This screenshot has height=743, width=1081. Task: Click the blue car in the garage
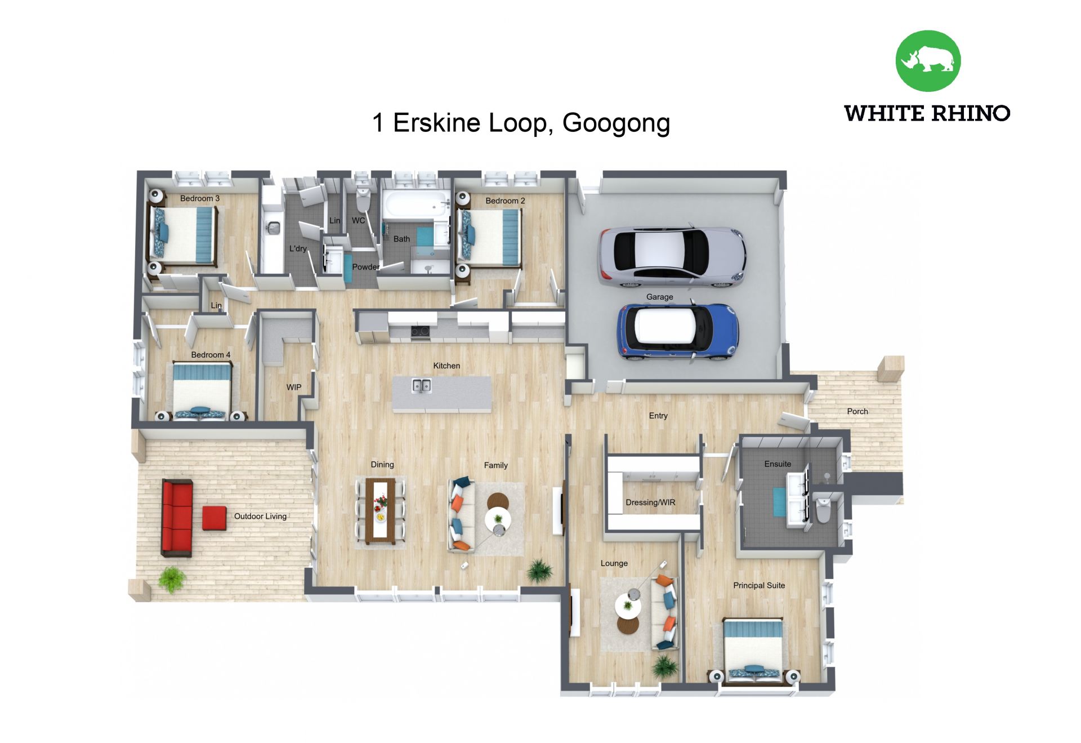click(x=678, y=332)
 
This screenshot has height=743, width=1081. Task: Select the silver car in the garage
click(x=672, y=257)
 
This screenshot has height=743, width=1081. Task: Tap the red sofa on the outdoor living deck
click(x=177, y=518)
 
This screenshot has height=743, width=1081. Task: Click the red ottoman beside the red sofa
click(x=214, y=518)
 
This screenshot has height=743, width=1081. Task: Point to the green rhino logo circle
click(x=928, y=61)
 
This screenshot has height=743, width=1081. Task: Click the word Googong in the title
click(x=616, y=123)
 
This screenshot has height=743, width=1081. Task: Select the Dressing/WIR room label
click(x=650, y=502)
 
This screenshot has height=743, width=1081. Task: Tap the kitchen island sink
click(x=421, y=385)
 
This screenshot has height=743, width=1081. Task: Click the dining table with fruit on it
click(x=380, y=510)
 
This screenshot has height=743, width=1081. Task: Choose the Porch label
click(x=857, y=412)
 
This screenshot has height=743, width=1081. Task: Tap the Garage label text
click(x=659, y=297)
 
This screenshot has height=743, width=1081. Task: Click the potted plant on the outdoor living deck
click(x=172, y=579)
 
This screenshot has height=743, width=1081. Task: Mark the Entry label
click(x=658, y=416)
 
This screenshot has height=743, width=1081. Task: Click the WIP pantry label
click(x=294, y=387)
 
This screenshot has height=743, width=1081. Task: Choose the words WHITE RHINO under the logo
click(x=927, y=113)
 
